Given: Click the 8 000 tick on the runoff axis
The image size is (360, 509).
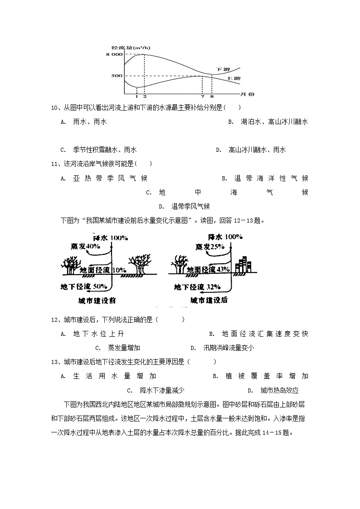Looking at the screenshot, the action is [x=114, y=54].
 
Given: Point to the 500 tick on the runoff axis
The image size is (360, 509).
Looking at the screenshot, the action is [x=117, y=76].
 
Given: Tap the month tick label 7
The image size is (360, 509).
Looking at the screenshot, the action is [x=202, y=97].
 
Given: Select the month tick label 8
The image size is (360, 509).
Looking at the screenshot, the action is [x=212, y=97].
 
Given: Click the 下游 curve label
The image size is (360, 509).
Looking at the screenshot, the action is [x=222, y=69].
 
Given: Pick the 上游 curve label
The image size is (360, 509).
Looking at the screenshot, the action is [x=234, y=78].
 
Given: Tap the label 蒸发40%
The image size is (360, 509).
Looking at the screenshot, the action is [x=85, y=246].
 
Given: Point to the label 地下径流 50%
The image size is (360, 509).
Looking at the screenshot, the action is [x=84, y=286].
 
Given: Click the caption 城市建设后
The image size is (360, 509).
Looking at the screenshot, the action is [x=209, y=300].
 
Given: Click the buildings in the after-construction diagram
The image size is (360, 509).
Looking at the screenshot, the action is [x=243, y=265].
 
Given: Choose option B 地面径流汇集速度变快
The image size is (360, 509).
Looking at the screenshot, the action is [x=258, y=334].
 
